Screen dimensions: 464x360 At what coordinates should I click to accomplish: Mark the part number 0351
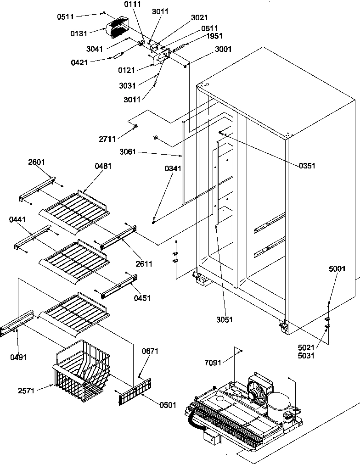(306, 166)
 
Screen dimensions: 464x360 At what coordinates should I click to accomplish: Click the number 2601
(37, 162)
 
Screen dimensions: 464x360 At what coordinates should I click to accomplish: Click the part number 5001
(337, 269)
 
